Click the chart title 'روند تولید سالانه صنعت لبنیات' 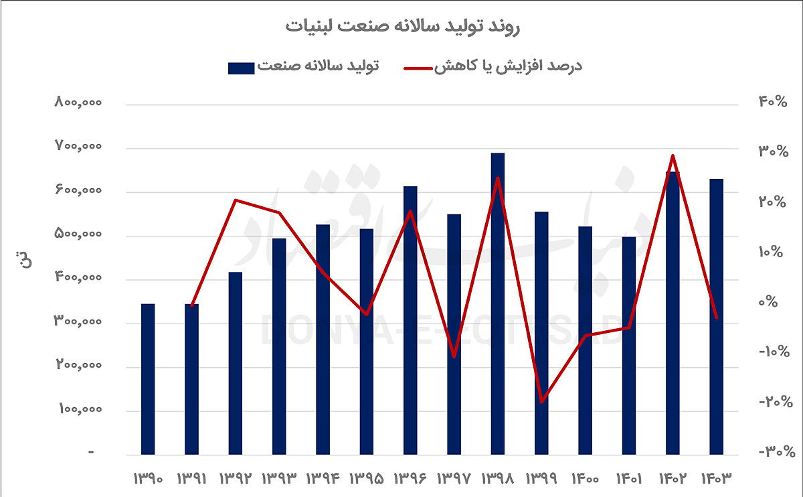pyautogui.click(x=402, y=27)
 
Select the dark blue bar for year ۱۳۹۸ pyautogui.click(x=497, y=304)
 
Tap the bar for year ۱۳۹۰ pyautogui.click(x=148, y=379)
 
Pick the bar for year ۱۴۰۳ pyautogui.click(x=716, y=317)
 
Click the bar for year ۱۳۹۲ pyautogui.click(x=235, y=363)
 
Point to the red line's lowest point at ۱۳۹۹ pyautogui.click(x=541, y=402)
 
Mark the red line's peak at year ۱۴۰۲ pyautogui.click(x=673, y=156)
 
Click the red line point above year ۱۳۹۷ pyautogui.click(x=454, y=356)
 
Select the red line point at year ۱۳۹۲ pyautogui.click(x=235, y=200)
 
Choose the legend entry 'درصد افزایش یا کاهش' pyautogui.click(x=493, y=66)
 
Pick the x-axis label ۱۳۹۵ pyautogui.click(x=366, y=479)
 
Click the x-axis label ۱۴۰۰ pyautogui.click(x=584, y=479)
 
